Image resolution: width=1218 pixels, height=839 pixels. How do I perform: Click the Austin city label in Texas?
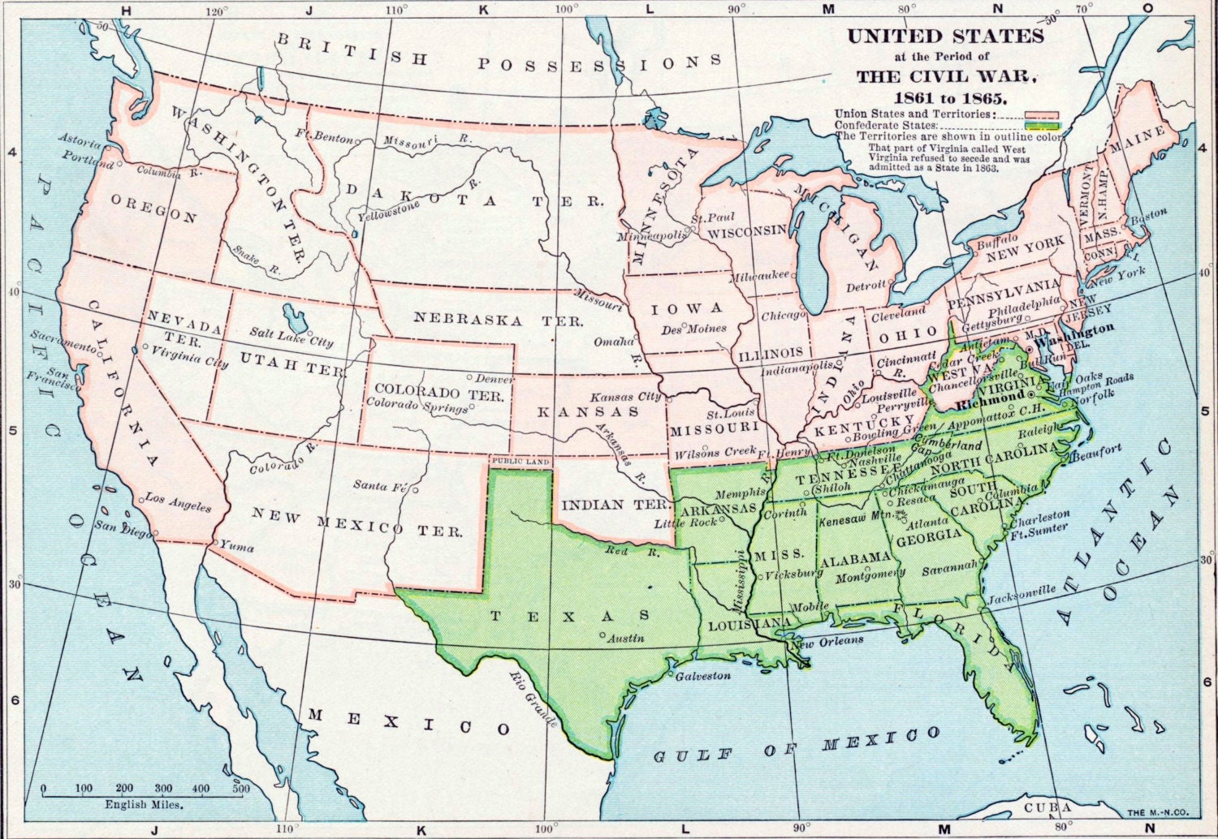[x=626, y=638]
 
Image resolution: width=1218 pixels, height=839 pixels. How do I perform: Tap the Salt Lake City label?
[x=291, y=338]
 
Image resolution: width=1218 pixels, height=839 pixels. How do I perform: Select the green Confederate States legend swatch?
[x=1043, y=126]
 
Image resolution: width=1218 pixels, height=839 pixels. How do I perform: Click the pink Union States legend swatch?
[x=1041, y=114]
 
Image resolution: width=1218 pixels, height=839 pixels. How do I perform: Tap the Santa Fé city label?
[x=379, y=486]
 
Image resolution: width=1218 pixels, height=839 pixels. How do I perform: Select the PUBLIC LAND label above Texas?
[x=520, y=461]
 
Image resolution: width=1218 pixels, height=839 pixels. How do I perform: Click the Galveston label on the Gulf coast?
[x=703, y=675]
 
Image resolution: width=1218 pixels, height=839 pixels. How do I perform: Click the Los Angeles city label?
[x=178, y=502]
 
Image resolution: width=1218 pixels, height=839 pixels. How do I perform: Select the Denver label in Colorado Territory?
[x=495, y=379]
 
